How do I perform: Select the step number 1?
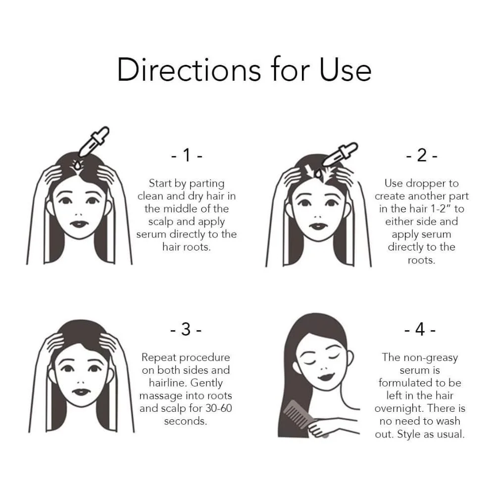click(187, 155)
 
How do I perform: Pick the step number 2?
click(422, 155)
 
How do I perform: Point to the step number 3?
click(186, 329)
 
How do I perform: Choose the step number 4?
click(420, 329)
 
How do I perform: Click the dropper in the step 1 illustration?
click(94, 142)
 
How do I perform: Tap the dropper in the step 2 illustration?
click(340, 154)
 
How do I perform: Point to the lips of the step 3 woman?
click(81, 392)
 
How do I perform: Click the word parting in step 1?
click(207, 184)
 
